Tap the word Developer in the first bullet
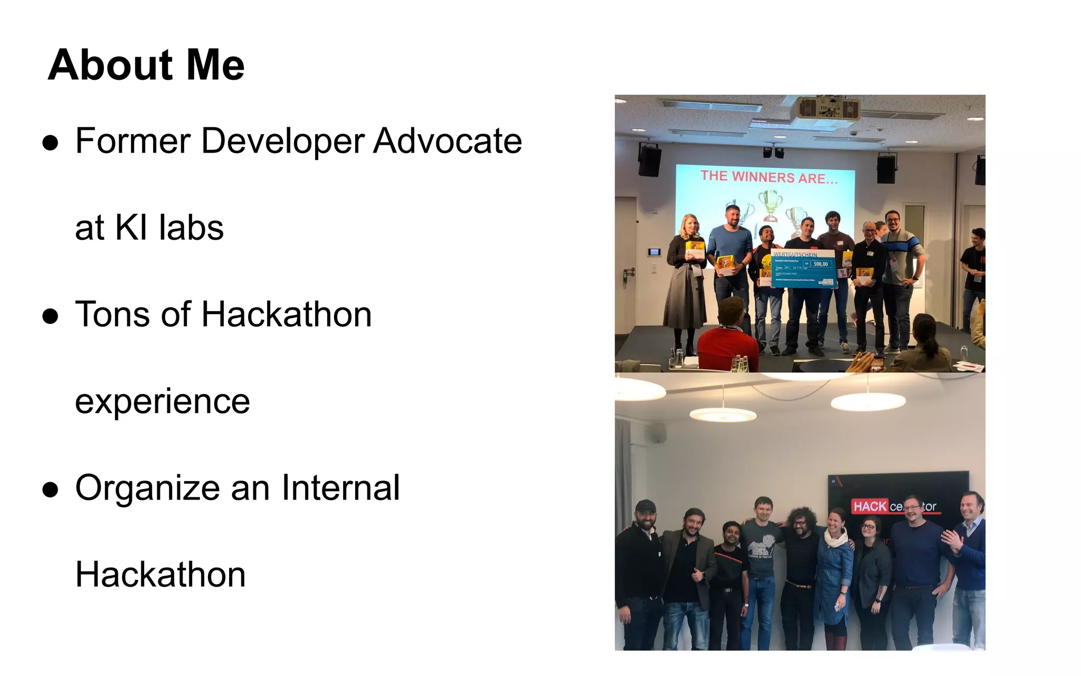click(x=282, y=141)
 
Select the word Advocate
click(x=448, y=141)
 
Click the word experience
click(x=162, y=402)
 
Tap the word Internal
click(x=340, y=487)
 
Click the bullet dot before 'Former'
click(x=51, y=143)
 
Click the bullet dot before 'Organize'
click(x=51, y=490)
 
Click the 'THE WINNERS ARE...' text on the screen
click(x=769, y=177)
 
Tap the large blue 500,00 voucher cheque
click(x=803, y=269)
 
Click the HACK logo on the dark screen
click(x=870, y=506)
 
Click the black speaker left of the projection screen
click(x=650, y=159)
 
